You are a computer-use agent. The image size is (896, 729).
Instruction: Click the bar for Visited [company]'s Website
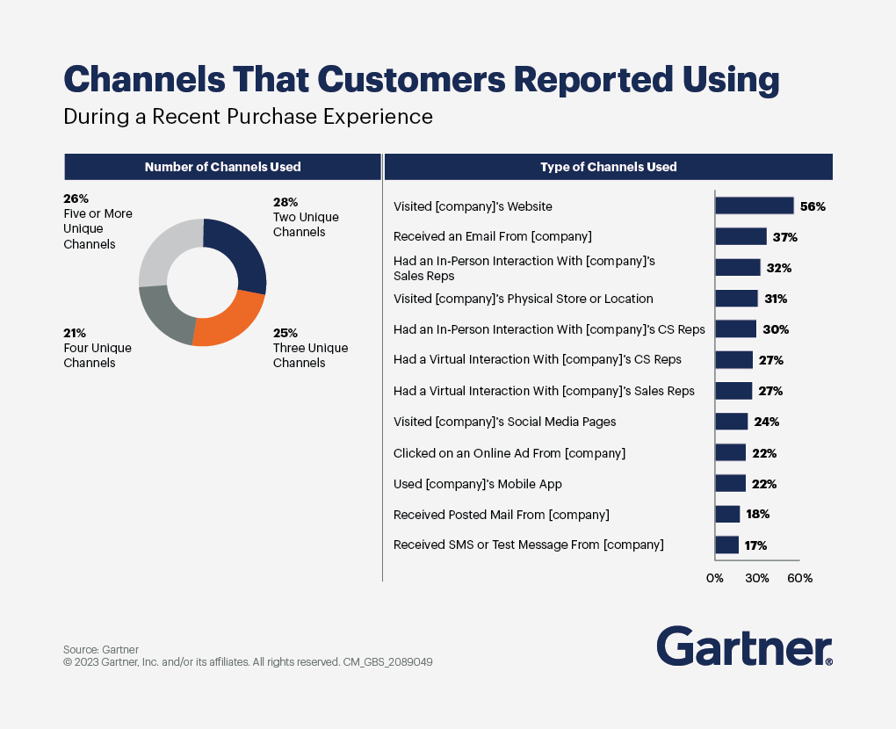754,206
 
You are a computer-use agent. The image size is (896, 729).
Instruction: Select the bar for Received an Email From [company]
741,236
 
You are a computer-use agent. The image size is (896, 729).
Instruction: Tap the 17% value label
755,545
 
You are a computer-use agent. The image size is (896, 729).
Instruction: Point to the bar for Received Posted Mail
727,515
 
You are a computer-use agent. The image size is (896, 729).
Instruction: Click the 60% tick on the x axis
799,579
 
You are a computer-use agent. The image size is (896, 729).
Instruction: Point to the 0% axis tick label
715,579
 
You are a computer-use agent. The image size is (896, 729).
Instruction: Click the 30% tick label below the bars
757,579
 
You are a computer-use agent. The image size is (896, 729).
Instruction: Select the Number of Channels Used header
222,167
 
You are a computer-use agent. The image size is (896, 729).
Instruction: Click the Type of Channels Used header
608,167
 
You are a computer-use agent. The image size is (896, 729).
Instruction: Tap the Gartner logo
744,646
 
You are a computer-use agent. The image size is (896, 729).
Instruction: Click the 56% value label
813,206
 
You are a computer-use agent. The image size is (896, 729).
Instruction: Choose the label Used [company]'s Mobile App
478,484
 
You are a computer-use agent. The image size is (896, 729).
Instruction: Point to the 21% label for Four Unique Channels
75,333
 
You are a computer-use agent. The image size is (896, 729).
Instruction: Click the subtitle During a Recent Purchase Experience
249,116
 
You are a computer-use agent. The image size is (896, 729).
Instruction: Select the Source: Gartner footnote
101,650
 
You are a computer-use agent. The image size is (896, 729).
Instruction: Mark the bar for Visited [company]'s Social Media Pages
731,422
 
